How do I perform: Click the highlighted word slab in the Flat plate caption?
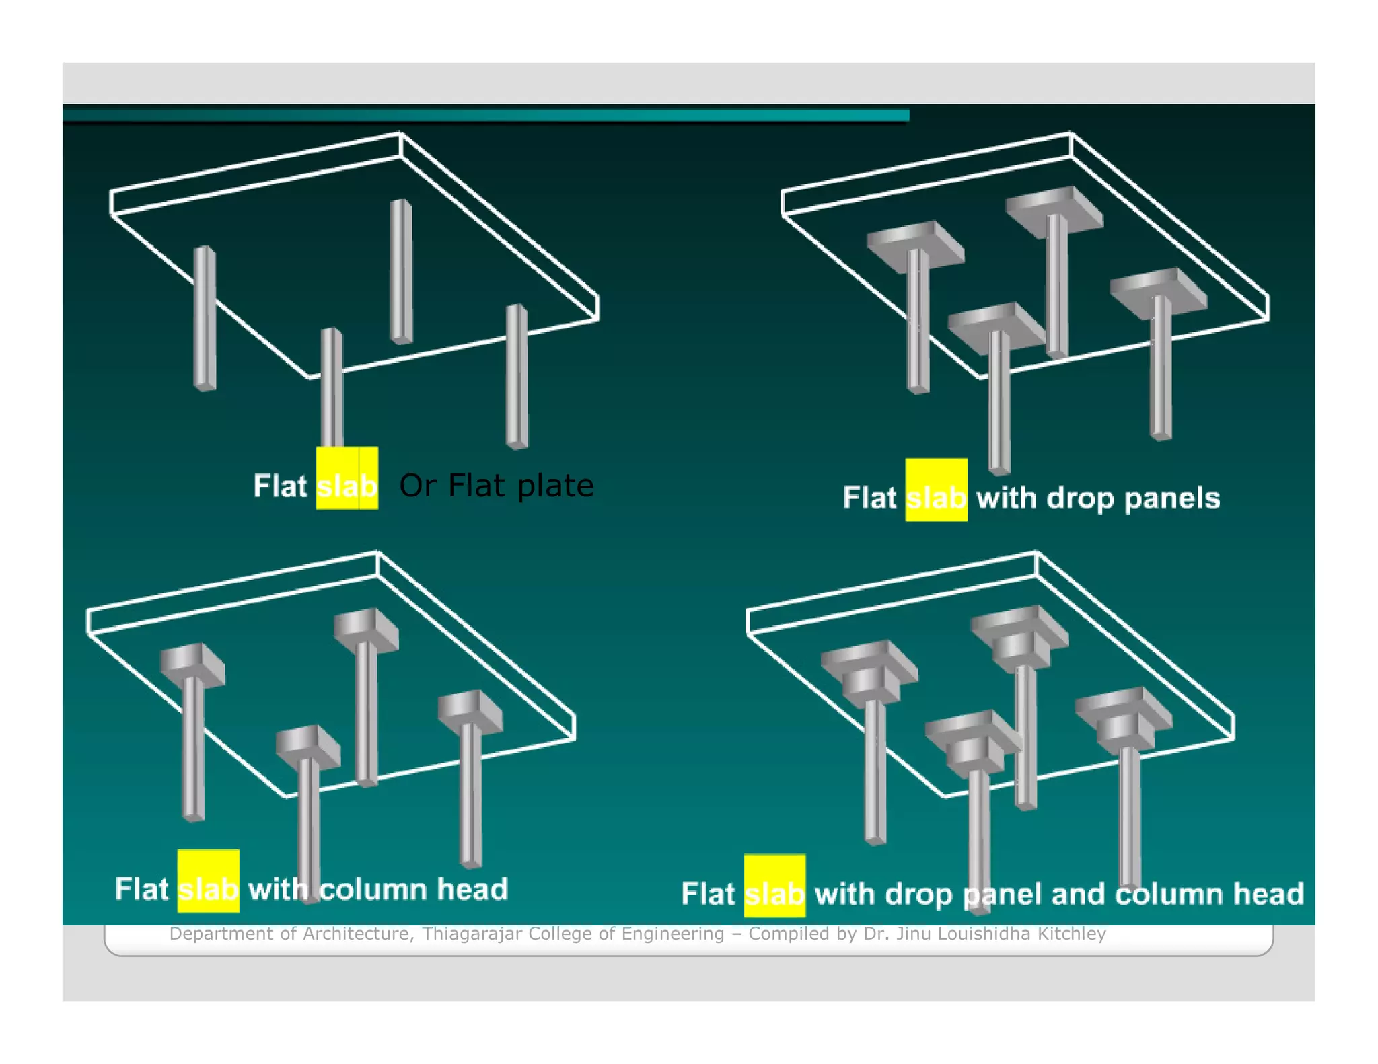click(347, 484)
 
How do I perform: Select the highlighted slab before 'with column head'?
click(208, 888)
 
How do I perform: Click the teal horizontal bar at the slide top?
click(484, 116)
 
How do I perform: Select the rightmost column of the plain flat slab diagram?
click(517, 377)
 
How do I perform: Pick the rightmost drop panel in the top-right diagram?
click(1157, 289)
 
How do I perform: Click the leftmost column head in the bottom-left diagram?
click(192, 664)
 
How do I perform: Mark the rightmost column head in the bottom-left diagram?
click(470, 712)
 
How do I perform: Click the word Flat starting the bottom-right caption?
click(708, 894)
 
